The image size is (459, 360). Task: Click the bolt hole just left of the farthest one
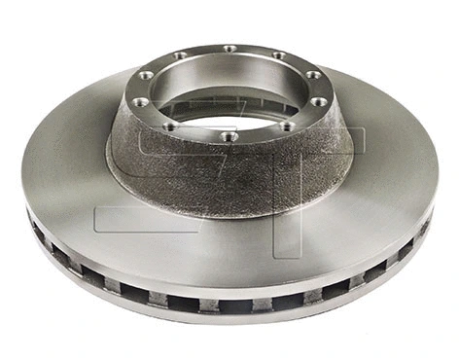(x=180, y=54)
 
